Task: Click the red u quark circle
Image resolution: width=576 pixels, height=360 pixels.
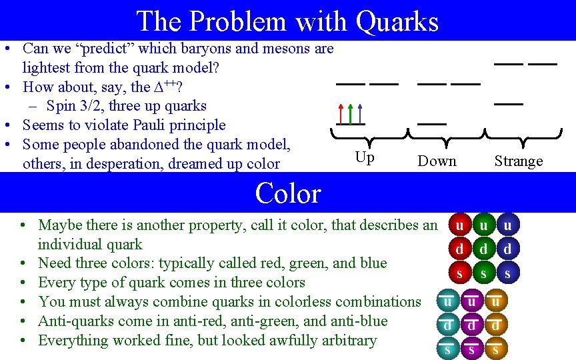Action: point(459,226)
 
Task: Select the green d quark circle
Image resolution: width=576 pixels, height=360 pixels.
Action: point(483,249)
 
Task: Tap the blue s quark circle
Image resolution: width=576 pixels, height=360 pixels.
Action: point(508,273)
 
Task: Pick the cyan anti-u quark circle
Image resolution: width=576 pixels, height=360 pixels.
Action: point(447,302)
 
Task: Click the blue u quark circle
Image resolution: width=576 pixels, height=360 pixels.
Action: point(508,226)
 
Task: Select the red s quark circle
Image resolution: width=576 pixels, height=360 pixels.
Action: point(459,273)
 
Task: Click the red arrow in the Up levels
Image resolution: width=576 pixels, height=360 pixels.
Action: point(341,113)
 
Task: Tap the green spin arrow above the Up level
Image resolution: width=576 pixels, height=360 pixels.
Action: point(351,113)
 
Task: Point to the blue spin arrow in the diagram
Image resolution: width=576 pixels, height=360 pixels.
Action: point(360,113)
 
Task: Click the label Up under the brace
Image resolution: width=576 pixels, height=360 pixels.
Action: point(365,158)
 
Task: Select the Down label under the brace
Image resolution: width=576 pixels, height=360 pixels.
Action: point(437,161)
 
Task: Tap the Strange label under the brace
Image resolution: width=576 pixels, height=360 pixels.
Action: point(518,161)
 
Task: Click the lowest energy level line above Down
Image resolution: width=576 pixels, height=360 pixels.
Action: point(432,124)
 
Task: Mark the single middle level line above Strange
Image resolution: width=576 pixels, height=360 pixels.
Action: point(509,104)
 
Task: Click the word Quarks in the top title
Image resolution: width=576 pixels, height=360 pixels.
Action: point(397,21)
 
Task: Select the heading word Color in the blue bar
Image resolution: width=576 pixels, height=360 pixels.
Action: point(288,193)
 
